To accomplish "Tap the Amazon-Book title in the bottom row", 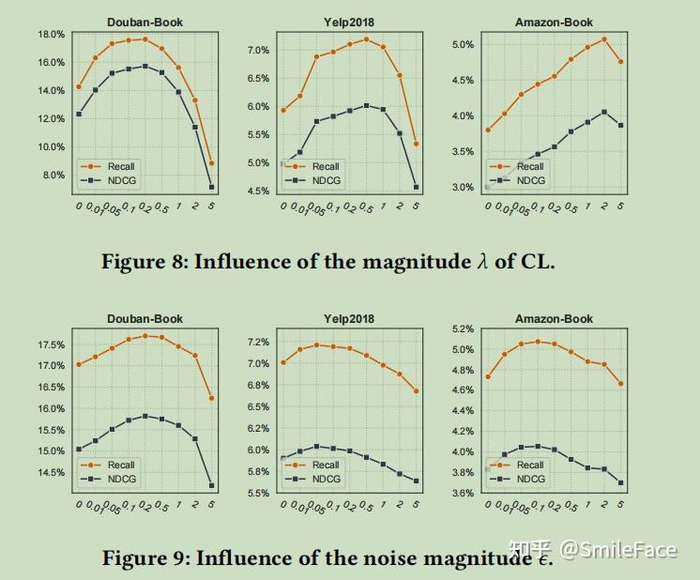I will click(554, 319).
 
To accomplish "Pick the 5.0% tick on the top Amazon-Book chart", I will click(462, 44).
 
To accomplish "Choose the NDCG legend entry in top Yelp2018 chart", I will click(326, 180).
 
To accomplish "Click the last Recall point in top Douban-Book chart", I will click(211, 163).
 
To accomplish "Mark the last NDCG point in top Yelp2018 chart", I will click(416, 188).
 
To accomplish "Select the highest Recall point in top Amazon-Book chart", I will click(603, 39).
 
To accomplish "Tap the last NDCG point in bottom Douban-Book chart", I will click(211, 485).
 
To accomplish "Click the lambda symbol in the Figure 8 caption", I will click(484, 262).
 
